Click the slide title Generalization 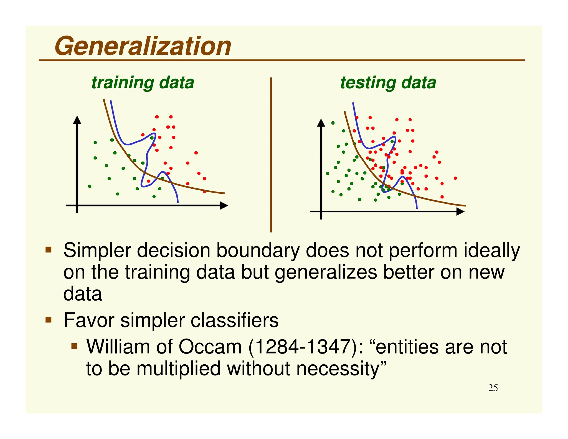click(x=143, y=46)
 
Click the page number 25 click(x=493, y=388)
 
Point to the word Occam click(x=210, y=347)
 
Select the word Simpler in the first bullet click(x=97, y=251)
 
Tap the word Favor click(x=89, y=321)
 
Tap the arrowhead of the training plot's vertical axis click(x=77, y=120)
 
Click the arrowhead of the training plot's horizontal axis click(x=224, y=206)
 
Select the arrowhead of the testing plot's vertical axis click(x=321, y=123)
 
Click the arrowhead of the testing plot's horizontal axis click(x=460, y=212)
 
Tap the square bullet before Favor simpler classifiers click(x=49, y=320)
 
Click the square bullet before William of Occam click(x=74, y=346)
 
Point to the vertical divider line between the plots click(x=271, y=155)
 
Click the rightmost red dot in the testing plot click(x=455, y=178)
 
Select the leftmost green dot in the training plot click(x=90, y=186)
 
